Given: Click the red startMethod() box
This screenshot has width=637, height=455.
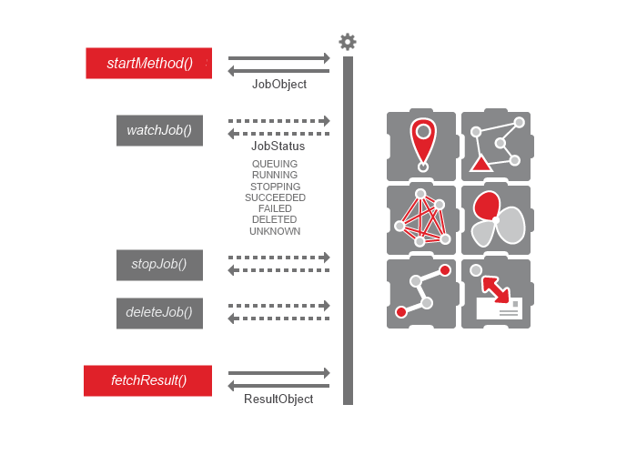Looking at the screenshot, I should [149, 63].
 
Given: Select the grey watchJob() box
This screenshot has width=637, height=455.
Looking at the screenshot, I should [159, 130].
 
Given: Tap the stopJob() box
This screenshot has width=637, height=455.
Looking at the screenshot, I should [159, 265].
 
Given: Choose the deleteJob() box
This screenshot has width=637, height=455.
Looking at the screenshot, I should [159, 312].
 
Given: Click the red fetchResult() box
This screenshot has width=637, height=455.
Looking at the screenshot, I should [148, 380].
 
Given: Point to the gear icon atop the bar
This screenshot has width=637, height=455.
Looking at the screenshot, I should [348, 42].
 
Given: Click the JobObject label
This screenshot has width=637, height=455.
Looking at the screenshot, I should [278, 85].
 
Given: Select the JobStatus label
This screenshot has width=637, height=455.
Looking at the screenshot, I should [278, 146].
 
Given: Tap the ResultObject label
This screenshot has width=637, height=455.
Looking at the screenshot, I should [278, 399].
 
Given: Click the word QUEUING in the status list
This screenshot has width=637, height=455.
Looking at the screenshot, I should [275, 164].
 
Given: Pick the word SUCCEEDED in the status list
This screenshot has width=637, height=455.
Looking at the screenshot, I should [275, 197].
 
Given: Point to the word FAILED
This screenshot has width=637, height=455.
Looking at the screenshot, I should [275, 208].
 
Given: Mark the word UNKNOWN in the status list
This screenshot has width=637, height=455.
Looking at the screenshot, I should [275, 231].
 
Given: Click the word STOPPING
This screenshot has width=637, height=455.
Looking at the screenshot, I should [275, 187].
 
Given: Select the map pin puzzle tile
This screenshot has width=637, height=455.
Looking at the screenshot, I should [421, 146].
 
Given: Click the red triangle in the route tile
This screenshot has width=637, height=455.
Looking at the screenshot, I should [480, 165].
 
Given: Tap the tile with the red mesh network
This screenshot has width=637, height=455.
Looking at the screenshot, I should [421, 219].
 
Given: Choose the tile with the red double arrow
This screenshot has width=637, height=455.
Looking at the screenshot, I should [496, 294].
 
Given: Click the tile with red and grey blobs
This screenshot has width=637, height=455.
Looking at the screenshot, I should [497, 219].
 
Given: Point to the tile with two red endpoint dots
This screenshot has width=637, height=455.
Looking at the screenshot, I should [421, 293].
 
